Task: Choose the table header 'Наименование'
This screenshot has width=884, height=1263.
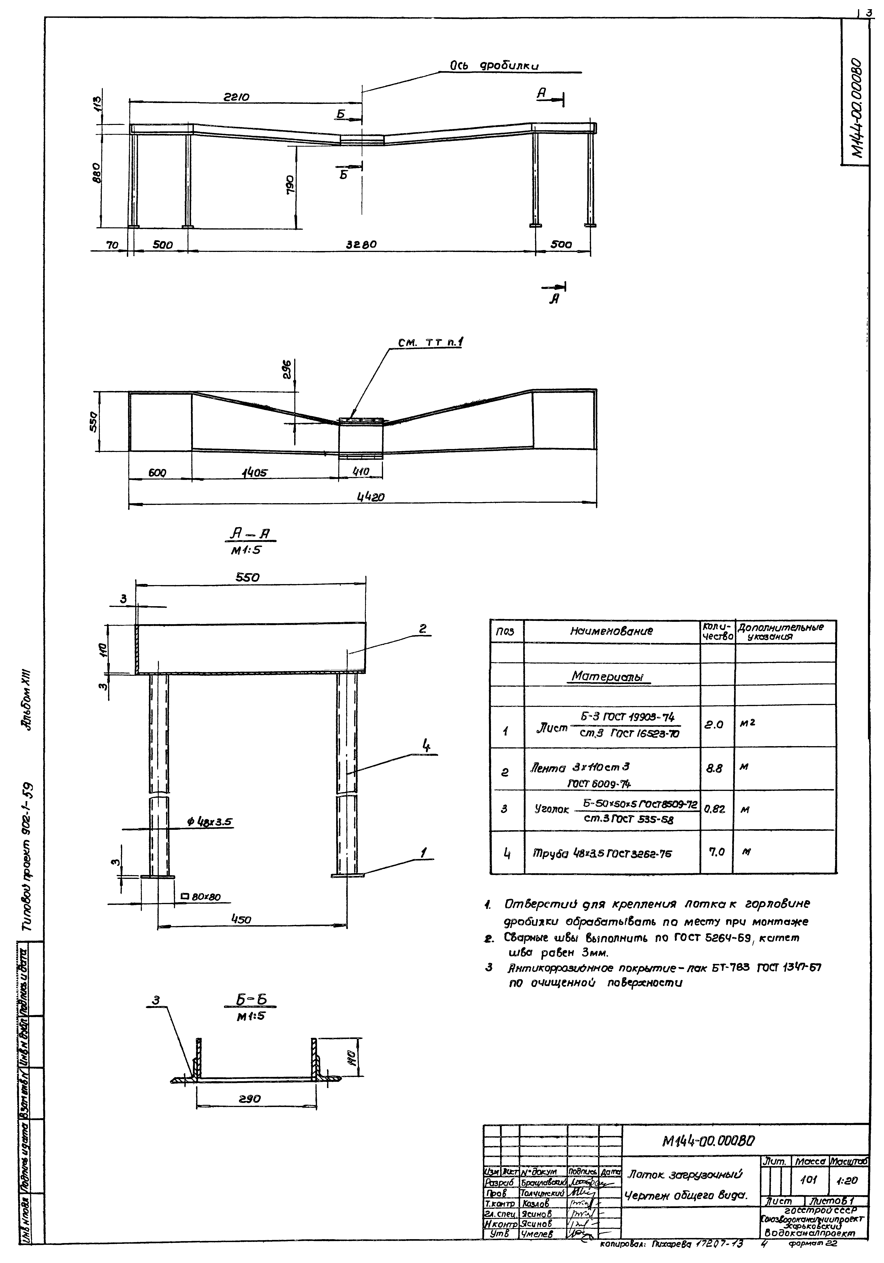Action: click(611, 631)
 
